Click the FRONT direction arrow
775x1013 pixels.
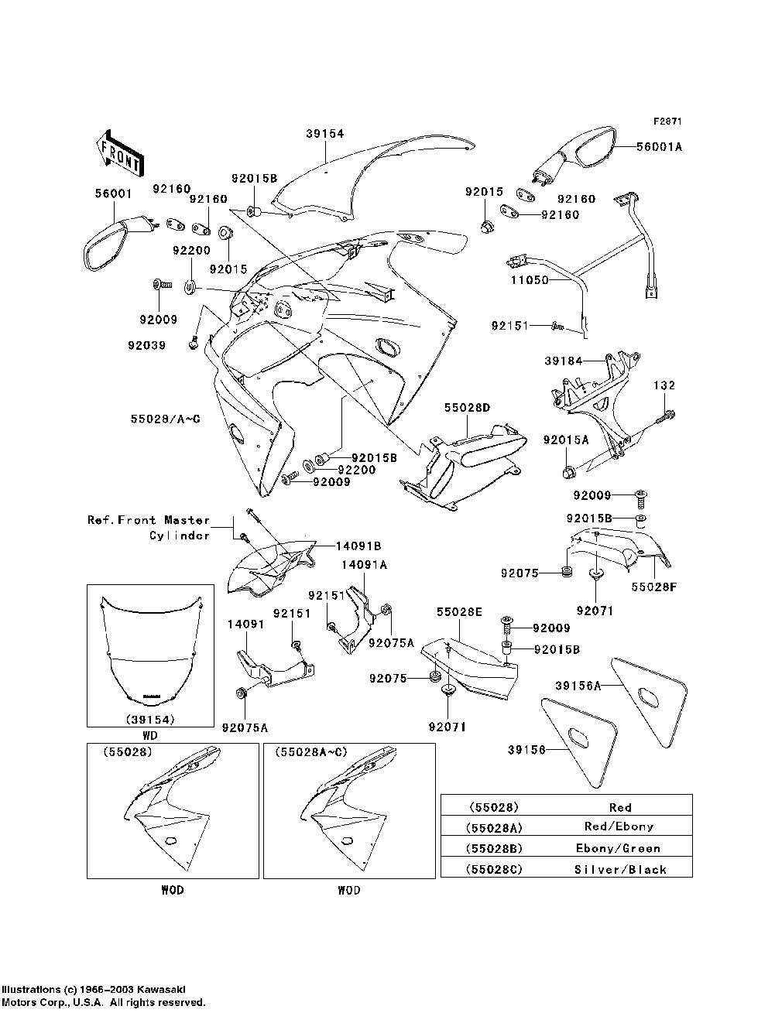(x=119, y=152)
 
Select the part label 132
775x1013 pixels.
(x=664, y=385)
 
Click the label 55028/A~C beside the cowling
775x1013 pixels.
(x=165, y=419)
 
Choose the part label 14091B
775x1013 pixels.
(x=358, y=546)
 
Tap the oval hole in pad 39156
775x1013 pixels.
(x=578, y=736)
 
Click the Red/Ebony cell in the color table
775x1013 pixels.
(x=620, y=826)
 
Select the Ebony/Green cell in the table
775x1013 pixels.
(x=620, y=847)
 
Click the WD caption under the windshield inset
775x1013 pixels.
(x=150, y=736)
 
